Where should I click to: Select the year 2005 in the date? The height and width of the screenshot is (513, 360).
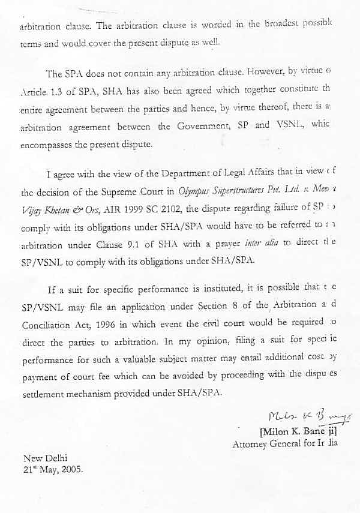(x=72, y=469)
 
